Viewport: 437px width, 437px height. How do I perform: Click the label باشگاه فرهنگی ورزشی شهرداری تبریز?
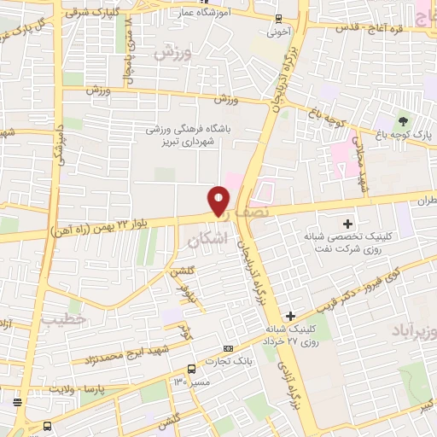pos(202,135)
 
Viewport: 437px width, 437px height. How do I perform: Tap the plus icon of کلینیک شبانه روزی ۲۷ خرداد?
pos(291,316)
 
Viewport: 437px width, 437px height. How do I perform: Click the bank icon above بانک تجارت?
pos(228,348)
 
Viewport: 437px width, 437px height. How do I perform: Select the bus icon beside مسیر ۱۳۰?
pos(191,370)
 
